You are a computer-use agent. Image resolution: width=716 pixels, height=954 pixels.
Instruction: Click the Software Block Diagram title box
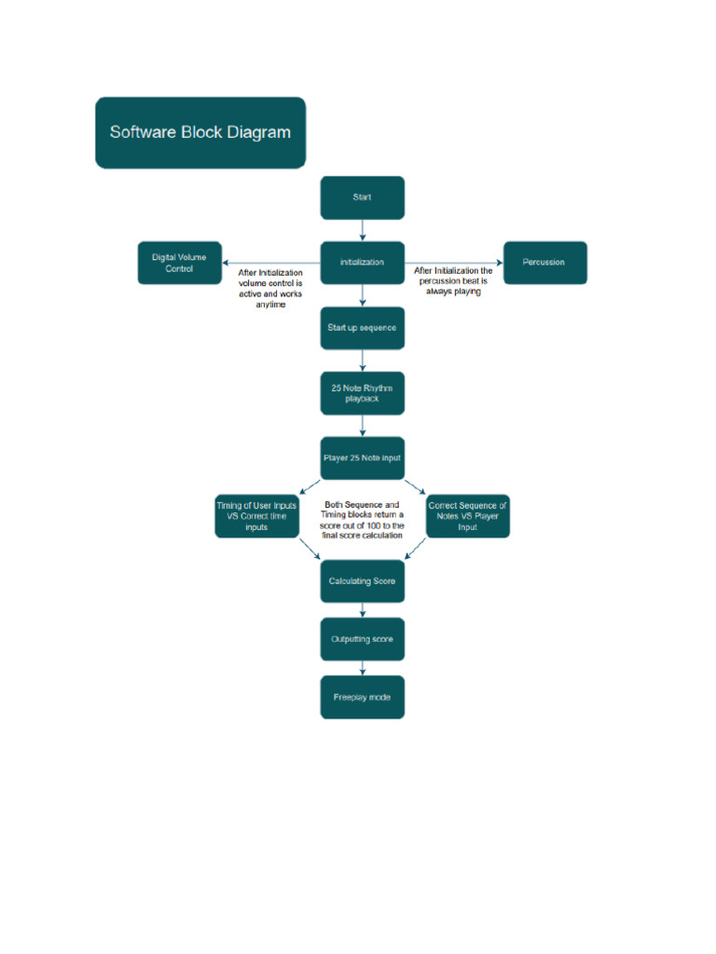point(200,132)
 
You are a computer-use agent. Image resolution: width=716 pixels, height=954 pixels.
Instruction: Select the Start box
point(363,198)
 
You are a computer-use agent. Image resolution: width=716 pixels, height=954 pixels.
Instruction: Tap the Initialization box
point(363,262)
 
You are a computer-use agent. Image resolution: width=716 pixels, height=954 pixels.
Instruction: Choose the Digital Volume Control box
point(179,263)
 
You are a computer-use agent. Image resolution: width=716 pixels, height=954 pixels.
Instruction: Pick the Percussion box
point(545,262)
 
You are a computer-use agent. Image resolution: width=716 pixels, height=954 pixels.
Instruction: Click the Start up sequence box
point(363,328)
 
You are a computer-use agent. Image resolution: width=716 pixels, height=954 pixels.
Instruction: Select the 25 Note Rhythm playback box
point(363,393)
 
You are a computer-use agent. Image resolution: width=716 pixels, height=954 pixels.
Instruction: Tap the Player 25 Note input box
point(363,457)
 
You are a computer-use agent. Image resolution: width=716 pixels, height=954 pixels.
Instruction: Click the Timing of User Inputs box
point(256,515)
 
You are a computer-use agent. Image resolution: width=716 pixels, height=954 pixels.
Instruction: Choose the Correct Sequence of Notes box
point(468,515)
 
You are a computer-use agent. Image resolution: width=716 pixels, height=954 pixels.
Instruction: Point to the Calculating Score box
point(363,581)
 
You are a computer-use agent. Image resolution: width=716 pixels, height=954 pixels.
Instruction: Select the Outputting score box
point(363,639)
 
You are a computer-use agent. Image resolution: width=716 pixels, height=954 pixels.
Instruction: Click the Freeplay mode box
point(363,697)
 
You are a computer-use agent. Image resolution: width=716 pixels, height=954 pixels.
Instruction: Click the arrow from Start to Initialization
point(363,230)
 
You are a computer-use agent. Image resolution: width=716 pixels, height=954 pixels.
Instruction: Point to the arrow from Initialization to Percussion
point(454,262)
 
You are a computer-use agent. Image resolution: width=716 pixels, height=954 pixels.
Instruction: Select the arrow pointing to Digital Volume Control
point(270,262)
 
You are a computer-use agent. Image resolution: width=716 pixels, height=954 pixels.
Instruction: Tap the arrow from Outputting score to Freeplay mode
point(363,668)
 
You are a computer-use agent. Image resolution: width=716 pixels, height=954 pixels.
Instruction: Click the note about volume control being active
point(270,288)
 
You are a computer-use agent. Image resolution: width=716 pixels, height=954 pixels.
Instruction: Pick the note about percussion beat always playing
point(454,281)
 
